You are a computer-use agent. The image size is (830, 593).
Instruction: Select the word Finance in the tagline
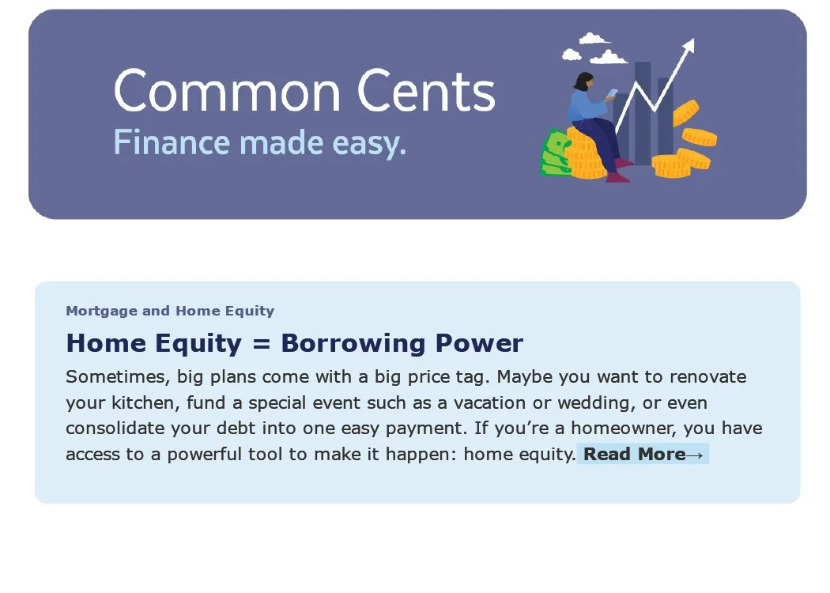coord(172,143)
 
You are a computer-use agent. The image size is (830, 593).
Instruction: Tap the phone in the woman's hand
coord(611,93)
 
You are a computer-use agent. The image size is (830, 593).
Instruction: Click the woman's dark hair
coord(583,81)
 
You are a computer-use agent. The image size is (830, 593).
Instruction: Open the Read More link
coord(643,454)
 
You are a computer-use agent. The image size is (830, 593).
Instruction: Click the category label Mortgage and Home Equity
coord(170,311)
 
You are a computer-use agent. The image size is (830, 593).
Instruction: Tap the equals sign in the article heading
coord(261,343)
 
